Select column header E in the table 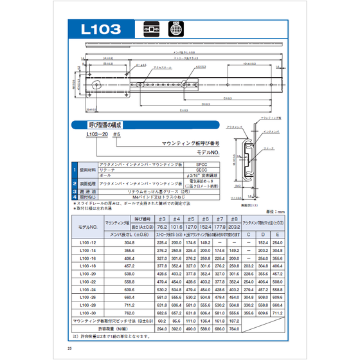click(276, 234)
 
